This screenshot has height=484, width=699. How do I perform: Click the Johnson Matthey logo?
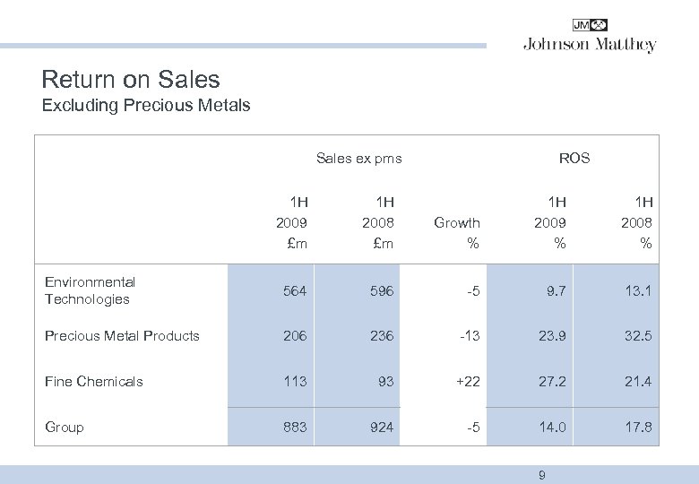pos(590,36)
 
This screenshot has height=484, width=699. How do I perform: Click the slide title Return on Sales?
pos(130,79)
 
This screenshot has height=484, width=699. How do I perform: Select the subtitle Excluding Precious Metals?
pos(146,106)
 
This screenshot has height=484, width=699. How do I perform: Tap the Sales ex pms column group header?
pos(358,159)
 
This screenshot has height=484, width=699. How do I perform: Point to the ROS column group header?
pos(574,158)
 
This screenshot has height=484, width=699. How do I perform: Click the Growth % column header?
pos(456,232)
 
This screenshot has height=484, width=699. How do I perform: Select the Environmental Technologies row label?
pos(90,290)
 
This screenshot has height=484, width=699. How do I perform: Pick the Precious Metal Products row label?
pos(122,336)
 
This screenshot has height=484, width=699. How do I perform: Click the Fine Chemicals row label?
pos(93,382)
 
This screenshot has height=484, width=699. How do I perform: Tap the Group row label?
pos(65,428)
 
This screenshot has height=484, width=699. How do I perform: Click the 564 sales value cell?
pos(294,290)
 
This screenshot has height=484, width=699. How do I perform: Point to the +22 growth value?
pos(467,382)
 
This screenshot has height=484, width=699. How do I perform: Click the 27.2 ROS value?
pos(551,382)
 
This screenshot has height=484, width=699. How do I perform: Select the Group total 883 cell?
pos(294,428)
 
